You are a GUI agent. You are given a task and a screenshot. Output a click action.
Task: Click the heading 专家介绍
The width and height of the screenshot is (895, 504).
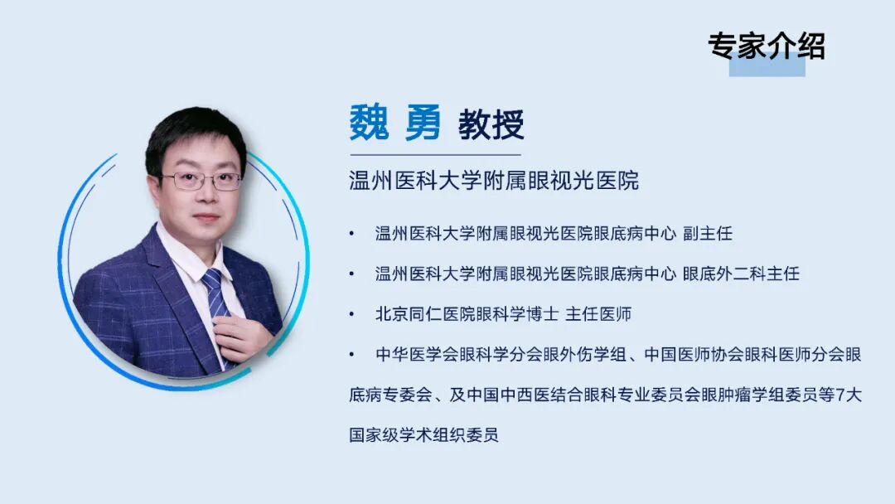tap(766, 46)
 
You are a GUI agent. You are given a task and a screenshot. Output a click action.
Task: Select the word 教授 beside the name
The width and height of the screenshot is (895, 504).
tap(491, 126)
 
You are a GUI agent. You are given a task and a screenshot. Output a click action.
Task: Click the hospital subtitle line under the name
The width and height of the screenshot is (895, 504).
tap(494, 181)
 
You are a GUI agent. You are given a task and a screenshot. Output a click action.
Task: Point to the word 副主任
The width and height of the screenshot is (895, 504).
tap(708, 233)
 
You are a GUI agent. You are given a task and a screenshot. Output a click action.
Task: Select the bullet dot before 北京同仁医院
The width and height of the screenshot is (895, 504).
tap(352, 315)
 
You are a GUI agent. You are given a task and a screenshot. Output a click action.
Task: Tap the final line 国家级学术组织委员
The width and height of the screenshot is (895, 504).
tap(423, 435)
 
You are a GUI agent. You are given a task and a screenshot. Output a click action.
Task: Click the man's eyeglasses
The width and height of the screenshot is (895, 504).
tap(201, 181)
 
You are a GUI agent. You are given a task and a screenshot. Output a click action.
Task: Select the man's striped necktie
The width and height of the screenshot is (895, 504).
tap(215, 298)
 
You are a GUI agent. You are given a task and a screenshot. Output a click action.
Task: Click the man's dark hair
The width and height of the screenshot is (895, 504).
tap(195, 133)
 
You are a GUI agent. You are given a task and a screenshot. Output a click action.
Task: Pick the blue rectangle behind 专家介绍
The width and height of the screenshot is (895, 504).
tap(767, 66)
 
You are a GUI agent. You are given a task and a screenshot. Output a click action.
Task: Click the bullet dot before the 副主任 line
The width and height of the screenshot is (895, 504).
tap(352, 234)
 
